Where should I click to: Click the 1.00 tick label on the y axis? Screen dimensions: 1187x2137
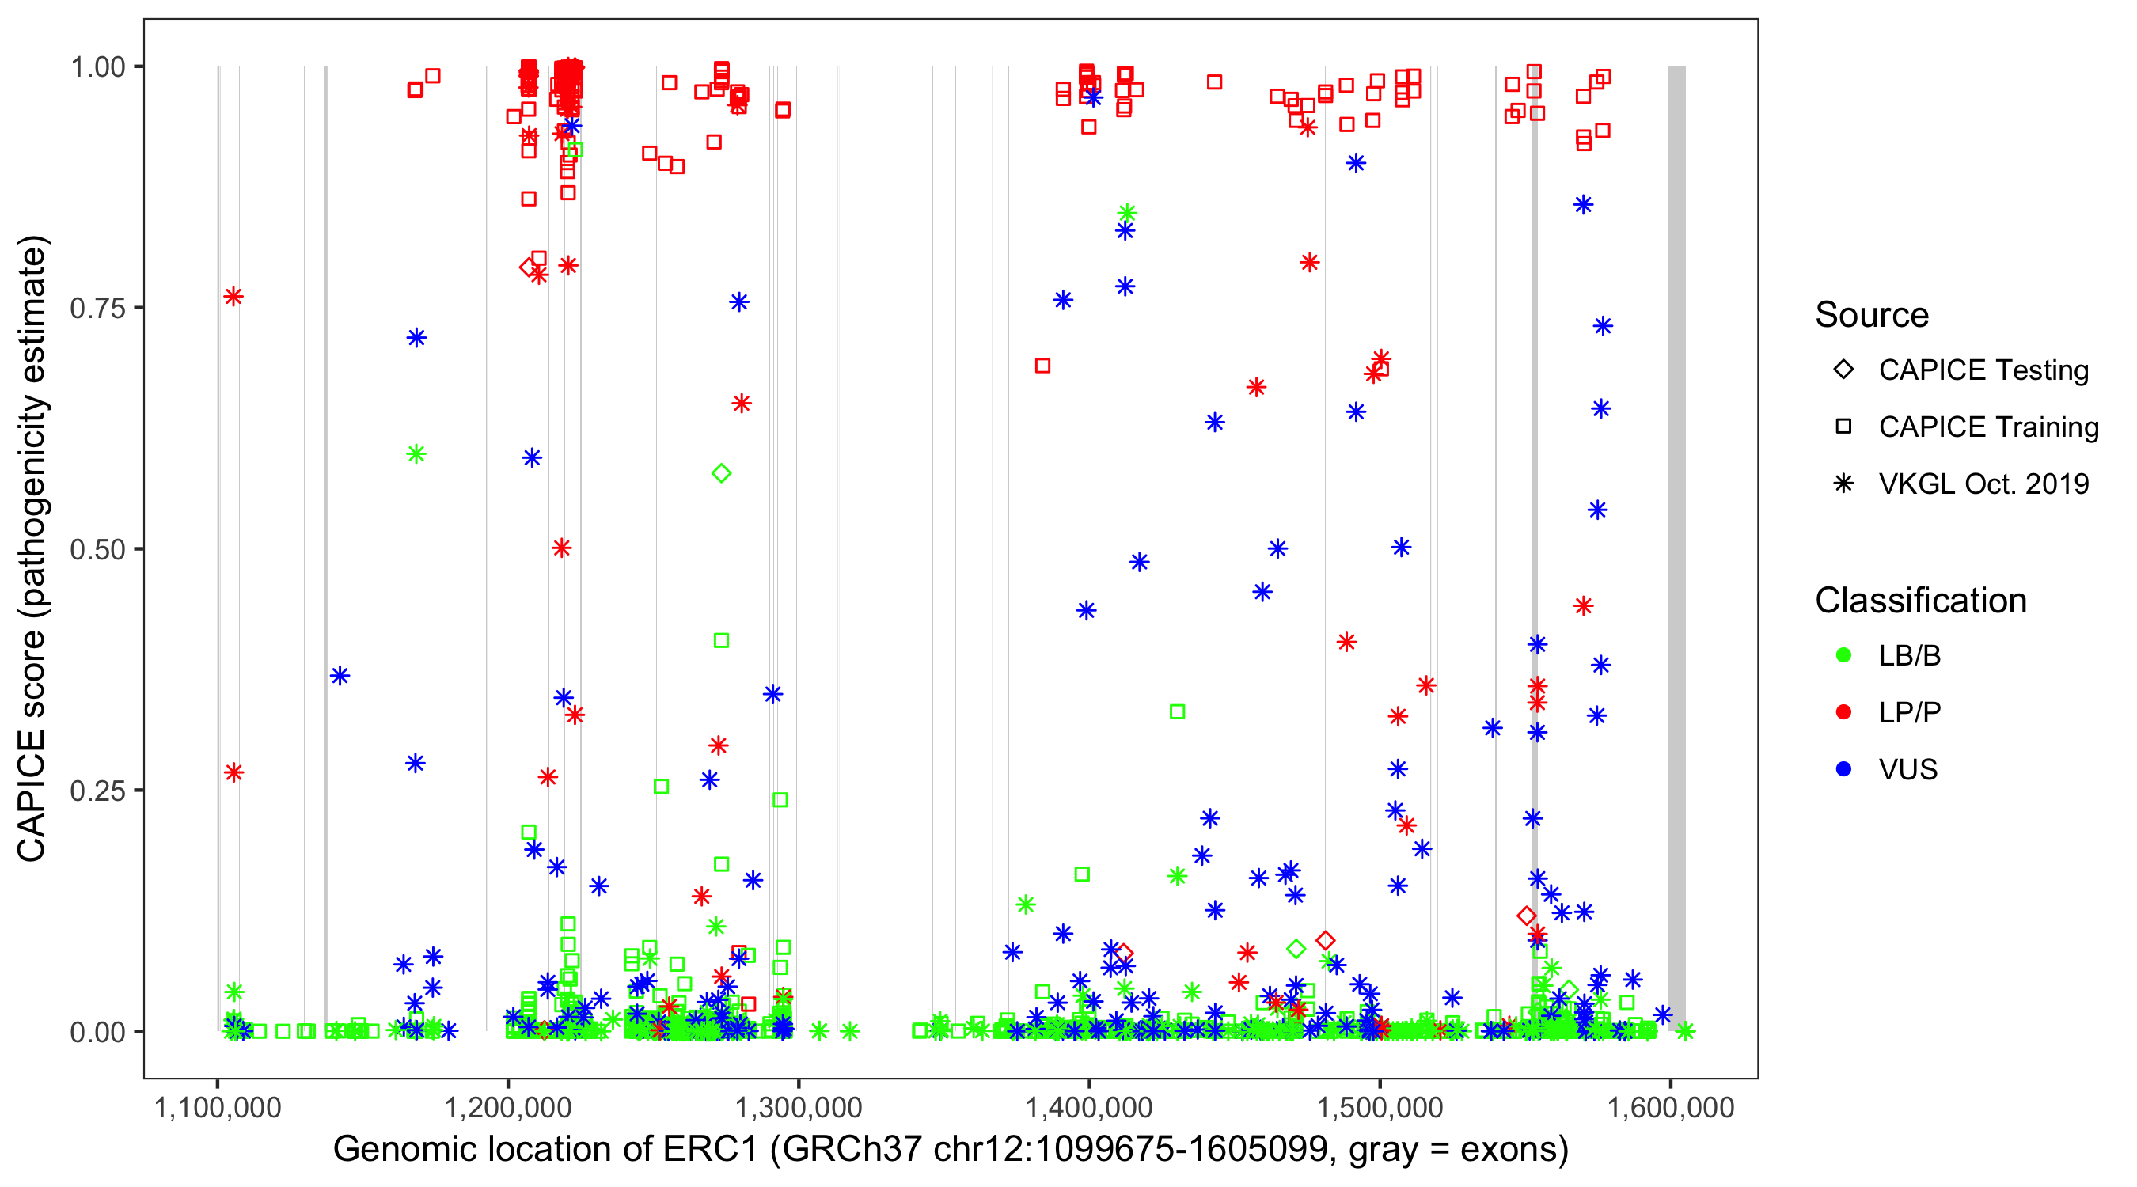click(x=97, y=67)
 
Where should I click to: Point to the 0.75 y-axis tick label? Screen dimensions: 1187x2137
click(x=97, y=309)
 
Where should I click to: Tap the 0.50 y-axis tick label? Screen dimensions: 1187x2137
click(x=97, y=549)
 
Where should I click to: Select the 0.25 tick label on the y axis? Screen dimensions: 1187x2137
click(x=97, y=791)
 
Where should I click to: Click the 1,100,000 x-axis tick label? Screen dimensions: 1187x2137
click(x=218, y=1107)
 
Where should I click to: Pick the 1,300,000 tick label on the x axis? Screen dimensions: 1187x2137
click(x=798, y=1107)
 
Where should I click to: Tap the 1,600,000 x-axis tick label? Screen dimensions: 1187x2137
click(x=1670, y=1107)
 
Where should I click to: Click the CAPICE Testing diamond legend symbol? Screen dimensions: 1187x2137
click(x=1843, y=369)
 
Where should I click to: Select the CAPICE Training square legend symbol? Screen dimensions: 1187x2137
click(x=1843, y=427)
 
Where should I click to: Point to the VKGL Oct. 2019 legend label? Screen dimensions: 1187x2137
click(x=1983, y=484)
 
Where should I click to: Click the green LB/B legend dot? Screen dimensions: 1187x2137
click(x=1843, y=655)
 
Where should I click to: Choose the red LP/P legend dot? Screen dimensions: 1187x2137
click(x=1843, y=712)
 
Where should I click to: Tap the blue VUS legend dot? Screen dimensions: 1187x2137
click(x=1843, y=769)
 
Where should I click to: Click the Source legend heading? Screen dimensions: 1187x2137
click(x=1872, y=315)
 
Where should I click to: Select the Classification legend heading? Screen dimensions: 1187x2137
click(x=1920, y=601)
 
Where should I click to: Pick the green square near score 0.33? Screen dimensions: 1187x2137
click(x=1176, y=711)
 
